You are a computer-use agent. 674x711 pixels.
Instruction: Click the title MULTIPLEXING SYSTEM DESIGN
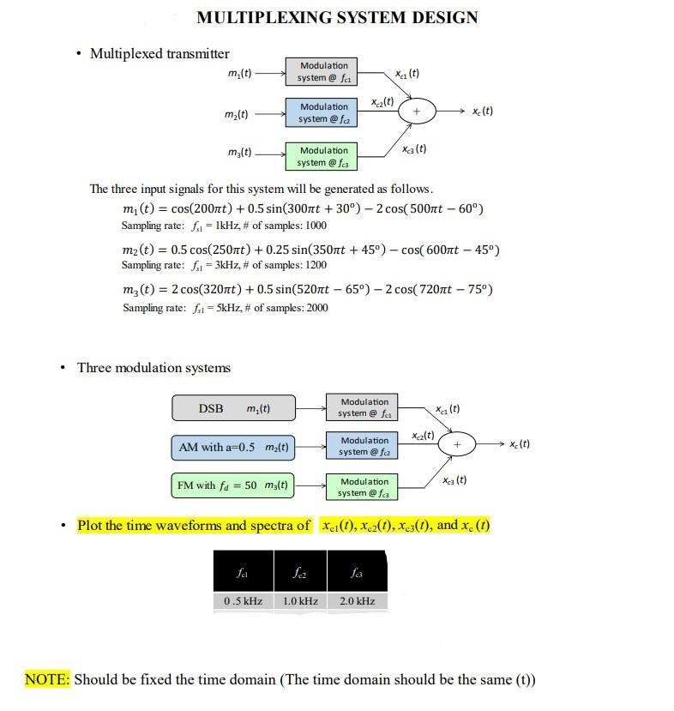point(337,17)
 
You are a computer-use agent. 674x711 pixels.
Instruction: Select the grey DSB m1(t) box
point(233,408)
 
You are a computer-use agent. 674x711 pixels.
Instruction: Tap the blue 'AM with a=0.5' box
point(232,448)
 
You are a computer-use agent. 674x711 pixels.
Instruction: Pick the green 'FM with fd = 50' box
point(232,486)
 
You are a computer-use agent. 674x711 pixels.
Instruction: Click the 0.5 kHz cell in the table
point(243,601)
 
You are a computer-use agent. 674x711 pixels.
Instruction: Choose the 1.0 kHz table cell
point(300,601)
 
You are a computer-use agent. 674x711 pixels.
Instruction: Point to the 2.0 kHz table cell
point(357,601)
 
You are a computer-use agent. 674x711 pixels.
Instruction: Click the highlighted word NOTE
point(46,680)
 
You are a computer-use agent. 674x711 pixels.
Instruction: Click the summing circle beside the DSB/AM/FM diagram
point(457,444)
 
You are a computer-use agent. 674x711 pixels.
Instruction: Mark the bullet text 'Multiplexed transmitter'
point(159,54)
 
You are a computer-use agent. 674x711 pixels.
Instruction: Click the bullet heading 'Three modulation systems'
point(153,368)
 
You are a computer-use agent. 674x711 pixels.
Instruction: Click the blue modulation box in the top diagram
point(323,112)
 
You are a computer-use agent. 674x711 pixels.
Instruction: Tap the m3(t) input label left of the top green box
point(240,153)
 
